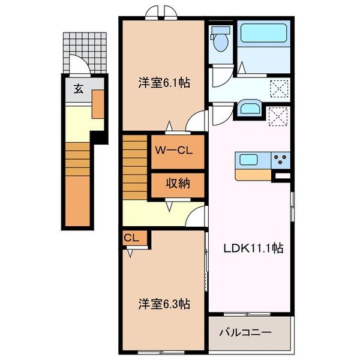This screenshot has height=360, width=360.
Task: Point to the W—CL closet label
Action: click(173, 151)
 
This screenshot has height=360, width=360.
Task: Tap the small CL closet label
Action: click(131, 238)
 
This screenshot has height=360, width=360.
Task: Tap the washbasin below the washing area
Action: click(248, 109)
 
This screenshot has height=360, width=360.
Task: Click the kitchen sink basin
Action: click(248, 160)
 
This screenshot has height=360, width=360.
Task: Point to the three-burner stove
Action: click(280, 160)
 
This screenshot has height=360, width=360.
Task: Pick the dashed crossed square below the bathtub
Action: click(278, 88)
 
